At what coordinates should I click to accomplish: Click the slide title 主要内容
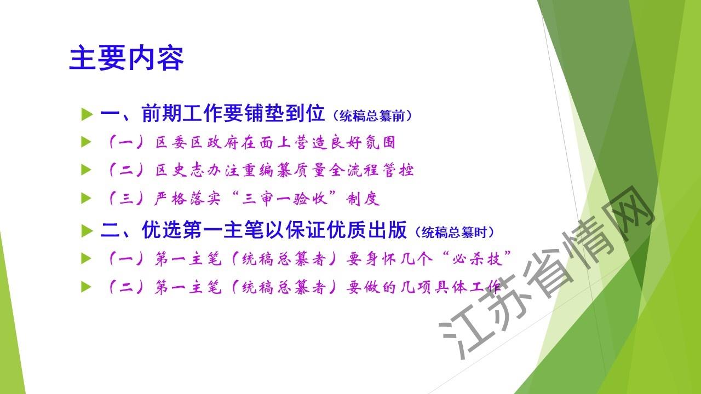126,58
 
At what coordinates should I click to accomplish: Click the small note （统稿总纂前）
372,115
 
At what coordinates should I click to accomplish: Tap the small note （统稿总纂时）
454,232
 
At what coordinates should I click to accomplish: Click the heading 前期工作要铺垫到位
233,113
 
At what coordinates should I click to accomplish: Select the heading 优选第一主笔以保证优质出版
274,229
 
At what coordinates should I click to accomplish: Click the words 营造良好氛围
344,143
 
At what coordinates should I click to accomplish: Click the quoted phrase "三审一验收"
285,199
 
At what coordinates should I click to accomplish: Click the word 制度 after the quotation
363,199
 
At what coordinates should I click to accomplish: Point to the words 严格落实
187,199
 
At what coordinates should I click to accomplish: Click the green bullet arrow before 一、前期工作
87,114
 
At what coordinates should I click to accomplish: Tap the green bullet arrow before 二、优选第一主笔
87,231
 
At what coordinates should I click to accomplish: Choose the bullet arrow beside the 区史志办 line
86,170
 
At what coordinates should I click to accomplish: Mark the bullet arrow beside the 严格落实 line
86,198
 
